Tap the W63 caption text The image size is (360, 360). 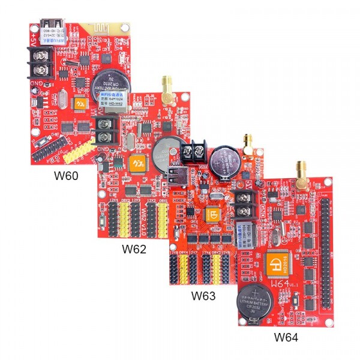[x=203, y=295]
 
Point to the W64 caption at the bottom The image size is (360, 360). [x=286, y=337]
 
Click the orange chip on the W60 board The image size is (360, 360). [x=80, y=103]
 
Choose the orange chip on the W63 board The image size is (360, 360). [x=212, y=214]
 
